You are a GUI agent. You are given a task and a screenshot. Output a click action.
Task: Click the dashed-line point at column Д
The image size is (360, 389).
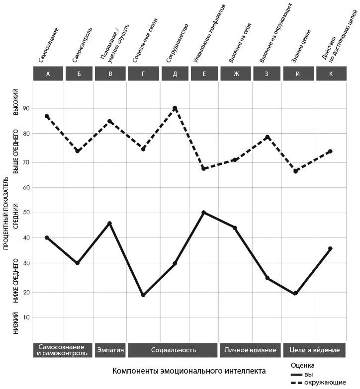(175, 108)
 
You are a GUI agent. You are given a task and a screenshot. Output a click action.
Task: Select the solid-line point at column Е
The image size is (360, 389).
(203, 213)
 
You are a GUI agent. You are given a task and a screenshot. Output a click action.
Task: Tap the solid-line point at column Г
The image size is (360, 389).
(143, 295)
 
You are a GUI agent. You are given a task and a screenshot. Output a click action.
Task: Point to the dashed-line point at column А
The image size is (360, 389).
(47, 116)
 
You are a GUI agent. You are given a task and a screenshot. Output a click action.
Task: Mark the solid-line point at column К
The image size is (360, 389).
(330, 248)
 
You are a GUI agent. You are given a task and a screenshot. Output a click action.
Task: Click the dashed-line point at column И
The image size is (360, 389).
(295, 171)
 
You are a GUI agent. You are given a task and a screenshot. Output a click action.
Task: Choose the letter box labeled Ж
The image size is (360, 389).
(236, 74)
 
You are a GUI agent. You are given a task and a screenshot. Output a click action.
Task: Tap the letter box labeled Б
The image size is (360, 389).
(80, 74)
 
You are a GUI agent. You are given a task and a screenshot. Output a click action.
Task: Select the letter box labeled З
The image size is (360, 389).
(267, 74)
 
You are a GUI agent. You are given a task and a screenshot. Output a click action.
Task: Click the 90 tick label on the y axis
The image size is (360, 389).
(26, 109)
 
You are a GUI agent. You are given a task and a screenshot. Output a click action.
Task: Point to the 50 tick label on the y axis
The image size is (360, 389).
(26, 213)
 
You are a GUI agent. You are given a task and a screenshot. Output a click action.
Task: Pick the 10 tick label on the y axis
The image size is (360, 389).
(26, 317)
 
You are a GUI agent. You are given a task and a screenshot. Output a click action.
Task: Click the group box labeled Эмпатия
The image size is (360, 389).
(110, 350)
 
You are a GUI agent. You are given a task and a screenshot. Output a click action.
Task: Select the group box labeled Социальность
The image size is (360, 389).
(173, 350)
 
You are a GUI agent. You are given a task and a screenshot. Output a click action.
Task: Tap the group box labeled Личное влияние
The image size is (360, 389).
(250, 350)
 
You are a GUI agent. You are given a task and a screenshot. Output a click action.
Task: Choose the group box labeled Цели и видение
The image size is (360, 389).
(315, 350)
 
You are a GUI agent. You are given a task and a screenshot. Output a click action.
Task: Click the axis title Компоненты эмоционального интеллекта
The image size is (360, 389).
(189, 371)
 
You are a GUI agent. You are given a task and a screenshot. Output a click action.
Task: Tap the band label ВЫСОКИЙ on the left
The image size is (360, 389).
(16, 102)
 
